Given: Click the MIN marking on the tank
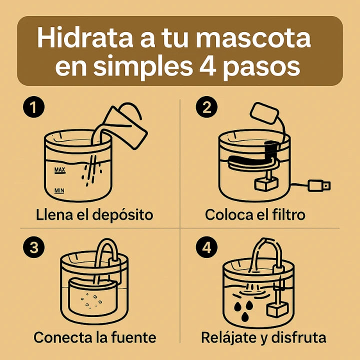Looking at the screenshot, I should tap(59, 190).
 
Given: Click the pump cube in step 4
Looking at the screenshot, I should tap(274, 309).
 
